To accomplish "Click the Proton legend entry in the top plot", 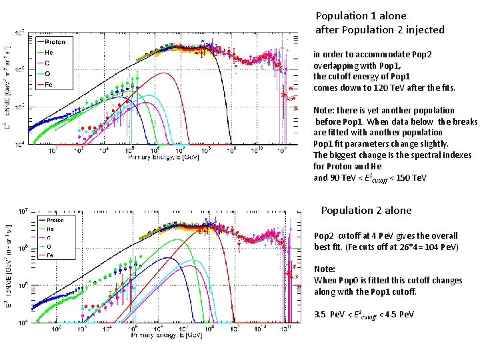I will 55,41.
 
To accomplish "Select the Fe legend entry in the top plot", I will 50,85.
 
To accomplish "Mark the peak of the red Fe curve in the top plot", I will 162,73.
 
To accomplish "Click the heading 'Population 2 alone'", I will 366,211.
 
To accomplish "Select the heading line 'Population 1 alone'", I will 361,15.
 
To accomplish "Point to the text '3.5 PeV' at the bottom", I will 329,314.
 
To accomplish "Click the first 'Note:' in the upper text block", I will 325,111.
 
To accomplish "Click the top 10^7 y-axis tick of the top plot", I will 21,31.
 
